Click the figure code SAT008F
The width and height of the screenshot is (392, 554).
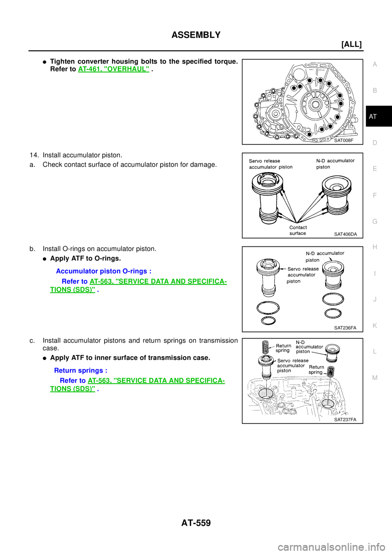[x=343, y=140]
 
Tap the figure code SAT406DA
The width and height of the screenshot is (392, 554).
[x=345, y=234]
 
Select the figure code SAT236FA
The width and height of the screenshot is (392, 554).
[x=345, y=328]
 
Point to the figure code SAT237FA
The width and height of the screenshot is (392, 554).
[x=345, y=419]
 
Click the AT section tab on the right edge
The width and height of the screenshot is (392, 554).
[x=372, y=117]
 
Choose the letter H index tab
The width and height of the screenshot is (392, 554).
[x=374, y=247]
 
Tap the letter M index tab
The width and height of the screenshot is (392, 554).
[x=374, y=378]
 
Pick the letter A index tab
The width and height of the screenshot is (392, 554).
[x=374, y=64]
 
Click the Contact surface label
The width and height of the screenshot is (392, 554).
[x=298, y=230]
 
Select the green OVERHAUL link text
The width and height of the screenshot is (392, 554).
[x=113, y=69]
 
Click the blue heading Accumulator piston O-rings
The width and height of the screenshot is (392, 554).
[x=104, y=271]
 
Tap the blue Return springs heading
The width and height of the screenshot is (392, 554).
[x=80, y=370]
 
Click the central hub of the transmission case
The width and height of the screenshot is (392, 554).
[x=315, y=104]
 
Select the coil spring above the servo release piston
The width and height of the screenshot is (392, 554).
[x=266, y=347]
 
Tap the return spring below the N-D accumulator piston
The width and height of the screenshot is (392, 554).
[x=331, y=372]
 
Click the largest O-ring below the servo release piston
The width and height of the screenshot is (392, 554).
[x=268, y=307]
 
